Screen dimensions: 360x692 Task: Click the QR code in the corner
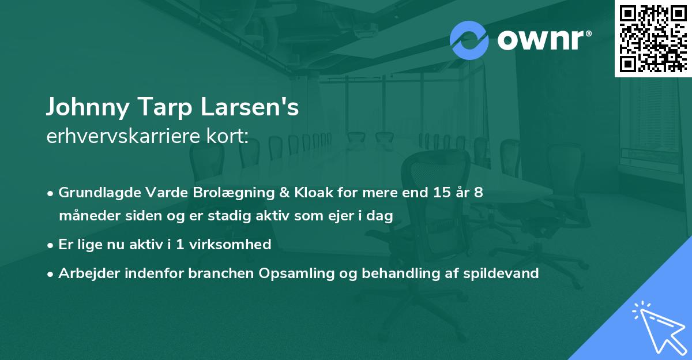click(653, 38)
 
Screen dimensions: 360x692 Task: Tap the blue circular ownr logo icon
click(469, 40)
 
